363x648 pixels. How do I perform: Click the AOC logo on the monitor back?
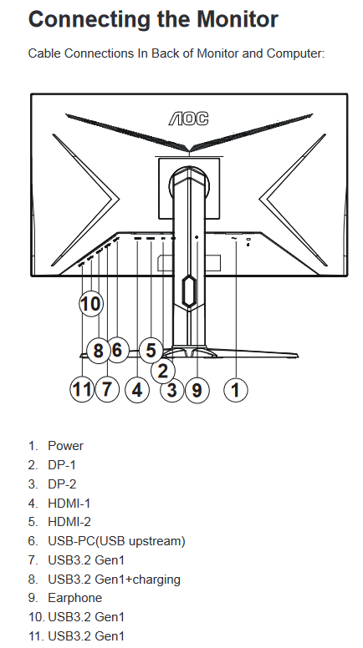(188, 119)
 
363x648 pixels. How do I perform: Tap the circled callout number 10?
(90, 304)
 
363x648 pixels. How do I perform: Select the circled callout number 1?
(236, 390)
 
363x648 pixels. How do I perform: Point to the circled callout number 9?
(197, 390)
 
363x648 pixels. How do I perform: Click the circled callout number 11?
(82, 389)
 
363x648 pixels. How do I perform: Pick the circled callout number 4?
(137, 390)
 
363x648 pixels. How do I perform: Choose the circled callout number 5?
(151, 350)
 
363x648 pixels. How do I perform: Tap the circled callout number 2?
(162, 370)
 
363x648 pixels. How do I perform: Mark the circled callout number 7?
(107, 389)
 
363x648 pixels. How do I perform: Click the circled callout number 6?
(117, 350)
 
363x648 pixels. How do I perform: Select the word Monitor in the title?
(238, 19)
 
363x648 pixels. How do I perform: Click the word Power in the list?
(65, 446)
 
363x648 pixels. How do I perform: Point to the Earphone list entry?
(75, 598)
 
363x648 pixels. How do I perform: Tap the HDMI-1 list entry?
(69, 503)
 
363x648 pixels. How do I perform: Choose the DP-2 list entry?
(62, 484)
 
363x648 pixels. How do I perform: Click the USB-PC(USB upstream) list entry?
(117, 541)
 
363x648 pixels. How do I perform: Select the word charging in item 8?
(156, 580)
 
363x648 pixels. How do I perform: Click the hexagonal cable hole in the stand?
(188, 291)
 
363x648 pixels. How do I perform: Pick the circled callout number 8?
(98, 351)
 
